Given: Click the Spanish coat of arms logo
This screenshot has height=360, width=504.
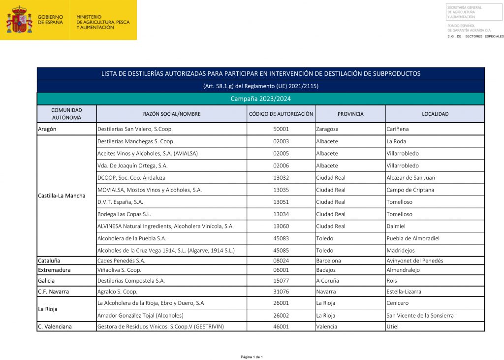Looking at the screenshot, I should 19,20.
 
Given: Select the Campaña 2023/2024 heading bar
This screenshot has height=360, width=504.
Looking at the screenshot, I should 260,99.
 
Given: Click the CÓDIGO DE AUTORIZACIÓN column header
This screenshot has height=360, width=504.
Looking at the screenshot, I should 281,114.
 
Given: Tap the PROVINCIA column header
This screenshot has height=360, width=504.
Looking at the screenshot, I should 350,114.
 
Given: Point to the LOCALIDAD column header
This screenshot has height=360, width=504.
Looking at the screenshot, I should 435,114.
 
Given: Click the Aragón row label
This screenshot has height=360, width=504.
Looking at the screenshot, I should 47,129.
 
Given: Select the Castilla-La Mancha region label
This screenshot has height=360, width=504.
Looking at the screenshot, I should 62,196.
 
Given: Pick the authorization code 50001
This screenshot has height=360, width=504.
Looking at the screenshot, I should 281,129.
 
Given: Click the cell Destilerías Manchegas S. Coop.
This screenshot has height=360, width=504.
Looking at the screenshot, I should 136,141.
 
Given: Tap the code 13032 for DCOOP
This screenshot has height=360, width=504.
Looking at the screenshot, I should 281,178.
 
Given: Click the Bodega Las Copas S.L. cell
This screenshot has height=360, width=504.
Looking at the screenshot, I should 124,214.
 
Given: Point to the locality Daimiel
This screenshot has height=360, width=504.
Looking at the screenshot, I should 397,226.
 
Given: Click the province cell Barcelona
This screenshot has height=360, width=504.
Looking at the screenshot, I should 328,261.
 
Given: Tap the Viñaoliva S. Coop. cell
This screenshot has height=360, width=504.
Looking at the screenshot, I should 119,270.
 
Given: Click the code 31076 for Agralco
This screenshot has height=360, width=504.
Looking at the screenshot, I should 281,292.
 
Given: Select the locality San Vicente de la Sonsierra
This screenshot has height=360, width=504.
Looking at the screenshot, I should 420,315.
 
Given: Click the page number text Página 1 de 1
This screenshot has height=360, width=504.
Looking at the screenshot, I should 252,357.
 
